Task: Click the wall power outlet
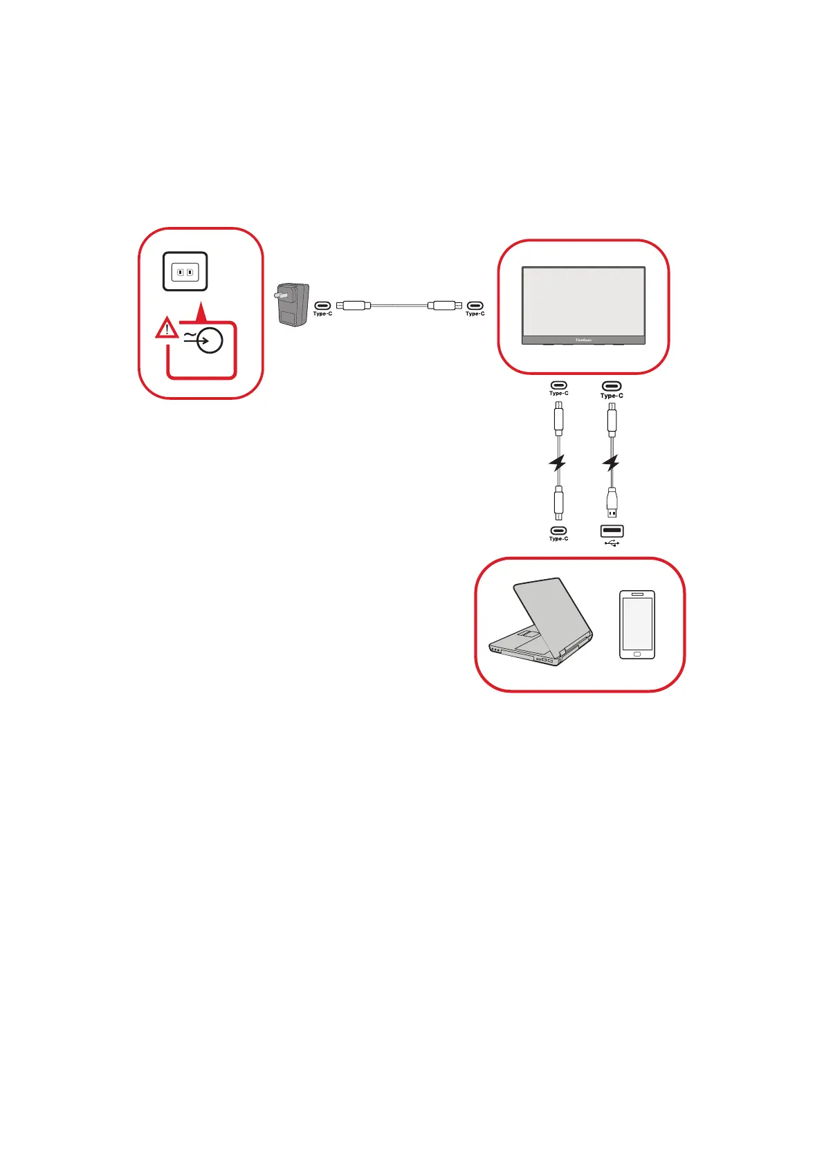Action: tap(185, 271)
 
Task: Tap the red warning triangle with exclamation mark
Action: tap(166, 329)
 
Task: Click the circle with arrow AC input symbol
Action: tap(209, 340)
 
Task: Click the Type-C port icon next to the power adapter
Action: tap(322, 305)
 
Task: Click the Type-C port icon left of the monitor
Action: tap(475, 305)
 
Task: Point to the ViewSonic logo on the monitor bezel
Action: tap(583, 340)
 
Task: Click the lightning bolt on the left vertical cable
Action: tap(558, 463)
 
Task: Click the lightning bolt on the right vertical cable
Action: tap(611, 463)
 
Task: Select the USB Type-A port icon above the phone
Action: tap(612, 531)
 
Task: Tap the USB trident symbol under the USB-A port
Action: tap(612, 543)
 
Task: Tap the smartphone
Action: tap(637, 624)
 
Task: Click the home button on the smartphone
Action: tap(637, 654)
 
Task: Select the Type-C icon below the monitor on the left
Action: tap(558, 385)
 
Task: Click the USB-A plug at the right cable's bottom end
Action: tap(612, 503)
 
